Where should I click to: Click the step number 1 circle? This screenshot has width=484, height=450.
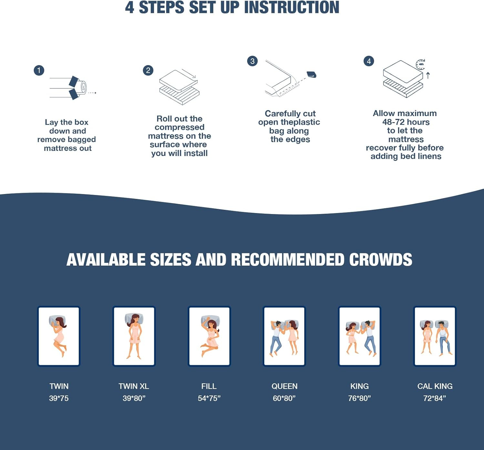pyautogui.click(x=39, y=70)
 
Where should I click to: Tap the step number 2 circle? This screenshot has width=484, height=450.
pyautogui.click(x=148, y=70)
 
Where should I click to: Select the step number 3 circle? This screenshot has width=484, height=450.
pyautogui.click(x=252, y=61)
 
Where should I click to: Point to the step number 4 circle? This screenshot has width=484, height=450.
pyautogui.click(x=369, y=61)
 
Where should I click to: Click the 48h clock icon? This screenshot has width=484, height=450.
pyautogui.click(x=420, y=64)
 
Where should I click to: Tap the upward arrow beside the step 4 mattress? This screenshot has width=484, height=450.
pyautogui.click(x=428, y=75)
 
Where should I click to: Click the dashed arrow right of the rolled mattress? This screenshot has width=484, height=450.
pyautogui.click(x=92, y=93)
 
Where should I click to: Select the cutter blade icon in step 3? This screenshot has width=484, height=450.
pyautogui.click(x=311, y=74)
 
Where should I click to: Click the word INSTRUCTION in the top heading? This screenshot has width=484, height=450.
pyautogui.click(x=291, y=7)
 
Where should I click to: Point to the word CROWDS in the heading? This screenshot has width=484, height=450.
pyautogui.click(x=381, y=259)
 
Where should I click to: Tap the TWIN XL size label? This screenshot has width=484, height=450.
pyautogui.click(x=134, y=386)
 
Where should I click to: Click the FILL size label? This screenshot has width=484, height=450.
pyautogui.click(x=209, y=386)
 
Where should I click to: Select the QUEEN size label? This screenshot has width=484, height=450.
pyautogui.click(x=284, y=386)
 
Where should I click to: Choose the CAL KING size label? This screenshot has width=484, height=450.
pyautogui.click(x=435, y=386)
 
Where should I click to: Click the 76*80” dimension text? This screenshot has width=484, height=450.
pyautogui.click(x=359, y=398)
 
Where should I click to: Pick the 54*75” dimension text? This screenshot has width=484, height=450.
pyautogui.click(x=209, y=398)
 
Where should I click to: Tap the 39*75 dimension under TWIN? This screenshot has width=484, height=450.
pyautogui.click(x=59, y=398)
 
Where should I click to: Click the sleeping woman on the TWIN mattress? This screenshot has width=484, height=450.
pyautogui.click(x=59, y=336)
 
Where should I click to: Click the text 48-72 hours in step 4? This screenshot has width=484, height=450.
pyautogui.click(x=406, y=122)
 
